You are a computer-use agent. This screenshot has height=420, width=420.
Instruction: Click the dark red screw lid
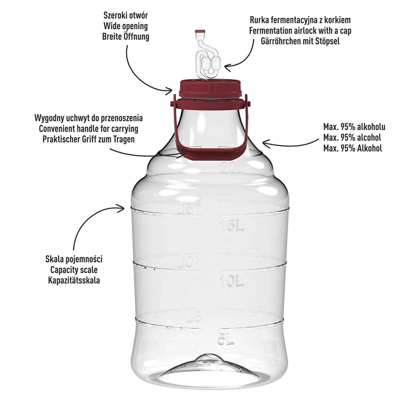210,88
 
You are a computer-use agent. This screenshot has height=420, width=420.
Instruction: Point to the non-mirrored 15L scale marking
232,226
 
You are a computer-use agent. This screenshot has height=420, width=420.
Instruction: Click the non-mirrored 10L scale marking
231,281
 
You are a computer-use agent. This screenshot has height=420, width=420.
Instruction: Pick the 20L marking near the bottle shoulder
232,168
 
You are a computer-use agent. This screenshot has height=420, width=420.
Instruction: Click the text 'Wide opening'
126,26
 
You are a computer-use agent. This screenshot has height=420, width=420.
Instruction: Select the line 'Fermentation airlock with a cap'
300,31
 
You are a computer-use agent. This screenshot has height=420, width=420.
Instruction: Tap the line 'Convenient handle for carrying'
88,129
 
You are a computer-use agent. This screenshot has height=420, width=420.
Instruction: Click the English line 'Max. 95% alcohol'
352,137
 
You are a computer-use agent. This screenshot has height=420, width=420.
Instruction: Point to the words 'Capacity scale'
74,270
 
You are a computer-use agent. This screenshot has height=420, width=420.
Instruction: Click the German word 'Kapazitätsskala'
74,280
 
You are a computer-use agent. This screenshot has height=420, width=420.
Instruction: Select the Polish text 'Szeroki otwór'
125,15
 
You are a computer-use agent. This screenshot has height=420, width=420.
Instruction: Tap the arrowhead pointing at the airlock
228,66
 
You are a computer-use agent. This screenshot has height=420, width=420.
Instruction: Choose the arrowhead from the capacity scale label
121,207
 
